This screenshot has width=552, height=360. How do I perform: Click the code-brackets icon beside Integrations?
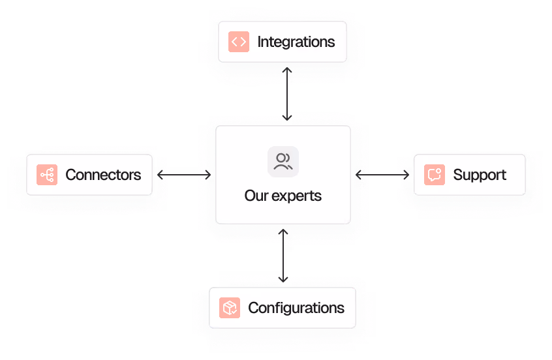point(239,42)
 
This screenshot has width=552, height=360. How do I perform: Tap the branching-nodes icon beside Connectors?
point(47,175)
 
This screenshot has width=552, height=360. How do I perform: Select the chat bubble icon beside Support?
point(435,175)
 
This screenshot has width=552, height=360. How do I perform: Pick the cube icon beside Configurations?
point(230,308)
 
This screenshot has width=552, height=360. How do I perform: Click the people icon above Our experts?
point(283,162)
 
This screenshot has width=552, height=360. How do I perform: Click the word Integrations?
point(296,42)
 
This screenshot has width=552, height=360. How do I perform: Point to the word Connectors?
point(103,175)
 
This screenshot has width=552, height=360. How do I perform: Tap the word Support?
point(480,175)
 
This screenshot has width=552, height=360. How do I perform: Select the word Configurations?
point(296,308)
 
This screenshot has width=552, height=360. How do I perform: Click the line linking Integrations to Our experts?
point(287,91)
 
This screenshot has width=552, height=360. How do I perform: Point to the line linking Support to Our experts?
point(382,175)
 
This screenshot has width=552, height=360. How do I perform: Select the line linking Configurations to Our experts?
point(283,258)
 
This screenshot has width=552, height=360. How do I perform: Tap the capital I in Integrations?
point(259,42)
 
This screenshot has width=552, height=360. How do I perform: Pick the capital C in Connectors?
point(70,175)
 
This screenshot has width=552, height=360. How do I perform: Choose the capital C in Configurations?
point(253,308)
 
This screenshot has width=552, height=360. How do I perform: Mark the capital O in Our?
point(250,196)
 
